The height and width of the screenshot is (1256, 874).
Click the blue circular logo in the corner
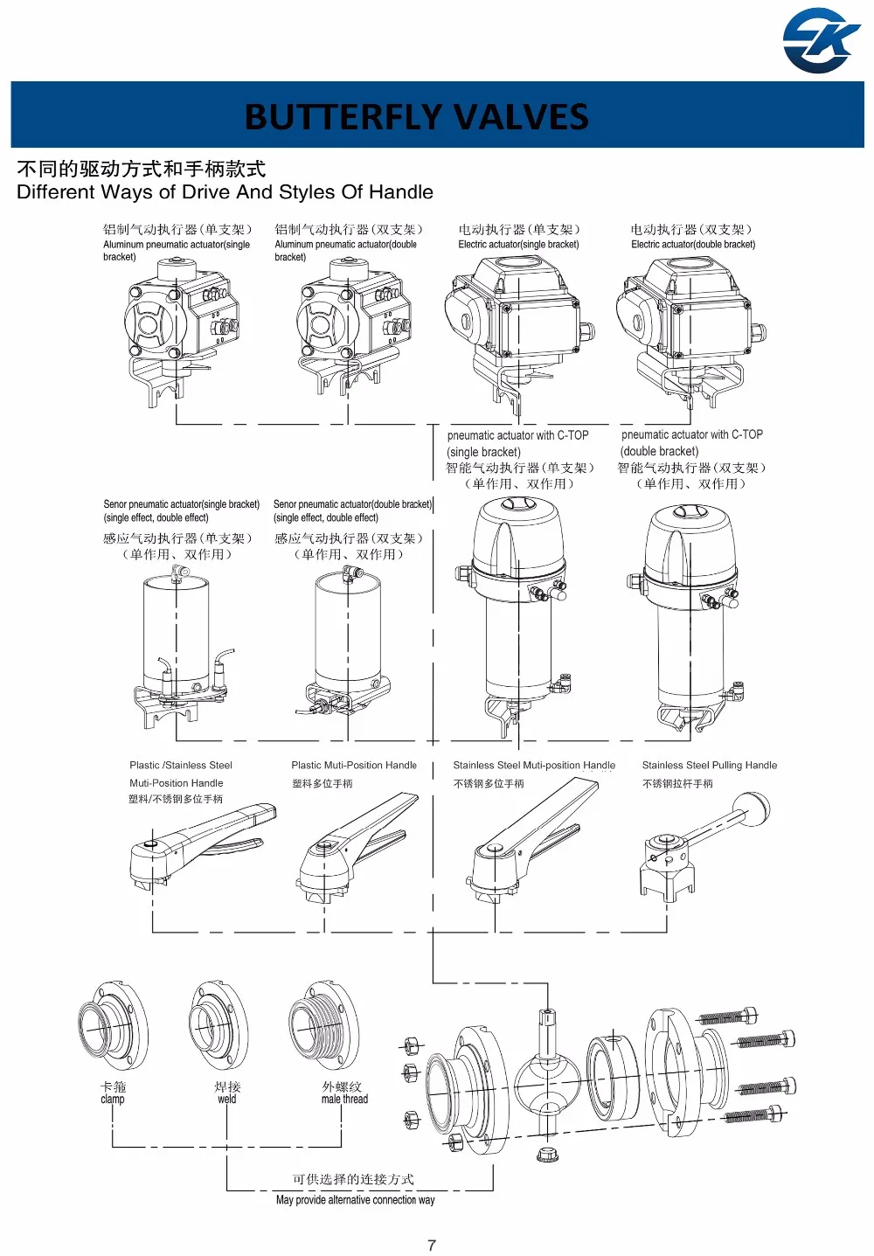(x=821, y=40)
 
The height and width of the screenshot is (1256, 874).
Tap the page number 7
(x=431, y=1246)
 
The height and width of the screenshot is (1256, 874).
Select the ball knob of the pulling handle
(x=753, y=809)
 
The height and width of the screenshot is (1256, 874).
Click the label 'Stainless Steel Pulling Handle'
(x=709, y=765)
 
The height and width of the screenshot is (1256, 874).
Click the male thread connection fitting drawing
(x=324, y=1025)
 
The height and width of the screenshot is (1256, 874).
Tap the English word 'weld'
(x=227, y=1099)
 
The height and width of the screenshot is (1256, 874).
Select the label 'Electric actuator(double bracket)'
(x=693, y=245)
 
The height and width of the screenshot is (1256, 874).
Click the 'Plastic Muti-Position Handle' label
(x=354, y=765)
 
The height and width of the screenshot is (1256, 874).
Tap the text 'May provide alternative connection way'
(x=356, y=1199)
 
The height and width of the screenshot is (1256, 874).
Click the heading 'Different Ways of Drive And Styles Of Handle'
(x=225, y=191)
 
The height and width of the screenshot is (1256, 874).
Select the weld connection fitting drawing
(x=218, y=1025)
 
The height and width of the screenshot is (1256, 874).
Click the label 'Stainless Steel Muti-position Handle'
(x=534, y=765)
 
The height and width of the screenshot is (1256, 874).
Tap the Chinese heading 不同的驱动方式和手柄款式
(x=142, y=169)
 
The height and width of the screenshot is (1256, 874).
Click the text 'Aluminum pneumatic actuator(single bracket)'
(x=177, y=251)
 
